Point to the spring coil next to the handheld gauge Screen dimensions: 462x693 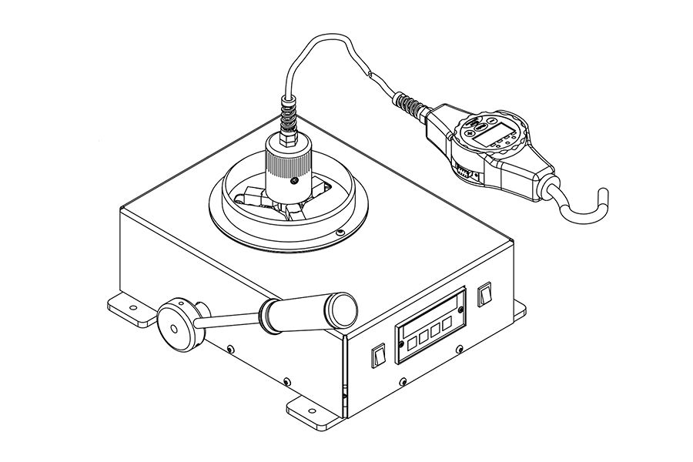pos(409,104)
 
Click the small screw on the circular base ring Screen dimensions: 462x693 pos(340,231)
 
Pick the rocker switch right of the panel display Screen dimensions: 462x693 pos(484,295)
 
